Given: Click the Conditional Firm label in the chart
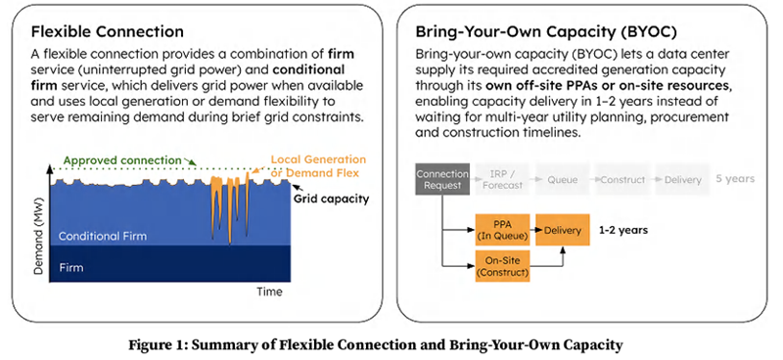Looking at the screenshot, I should [101, 237].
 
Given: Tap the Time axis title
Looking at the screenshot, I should [269, 292].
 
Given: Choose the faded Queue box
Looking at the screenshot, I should [562, 180].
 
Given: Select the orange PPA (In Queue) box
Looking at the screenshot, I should [502, 231].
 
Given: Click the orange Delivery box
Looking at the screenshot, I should [564, 231].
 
